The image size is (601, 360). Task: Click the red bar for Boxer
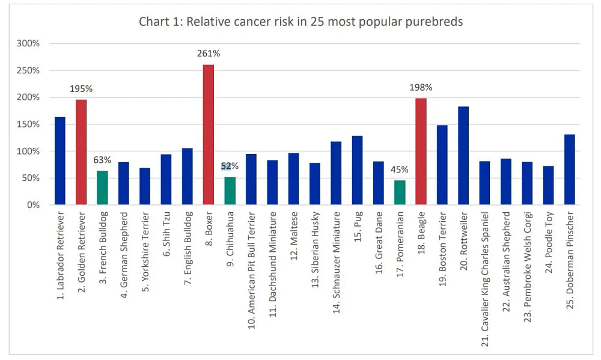(x=209, y=135)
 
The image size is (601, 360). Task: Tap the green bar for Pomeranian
(x=400, y=192)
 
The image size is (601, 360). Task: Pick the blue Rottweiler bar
(x=463, y=156)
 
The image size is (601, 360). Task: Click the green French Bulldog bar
(x=102, y=188)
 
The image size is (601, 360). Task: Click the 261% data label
(x=209, y=53)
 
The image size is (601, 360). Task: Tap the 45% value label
(x=400, y=169)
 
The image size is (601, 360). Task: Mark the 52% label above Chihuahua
(x=230, y=166)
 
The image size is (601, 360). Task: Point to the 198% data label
(x=421, y=88)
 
